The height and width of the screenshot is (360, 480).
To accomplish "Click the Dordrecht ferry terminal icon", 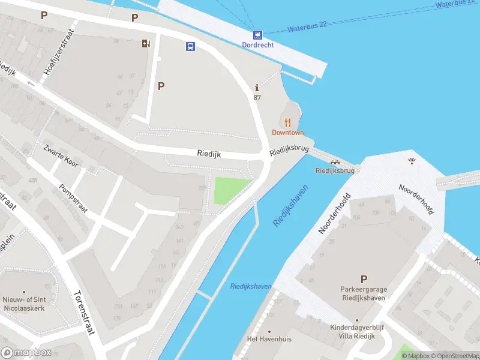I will coord(257,35).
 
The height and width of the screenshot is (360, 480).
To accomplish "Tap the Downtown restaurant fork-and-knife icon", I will coord(287,122).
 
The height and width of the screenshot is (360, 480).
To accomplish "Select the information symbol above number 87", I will coord(257,88).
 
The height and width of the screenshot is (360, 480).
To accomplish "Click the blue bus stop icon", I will coord(190,46).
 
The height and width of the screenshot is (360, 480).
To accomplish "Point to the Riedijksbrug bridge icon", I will coord(335,161).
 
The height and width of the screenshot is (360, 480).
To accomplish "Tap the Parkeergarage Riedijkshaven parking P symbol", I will coord(363,279).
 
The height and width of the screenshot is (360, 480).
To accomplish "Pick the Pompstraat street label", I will coord(74,197).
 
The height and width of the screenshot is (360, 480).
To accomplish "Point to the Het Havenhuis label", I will coord(269,339).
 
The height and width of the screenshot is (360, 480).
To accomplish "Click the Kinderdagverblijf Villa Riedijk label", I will coord(357,332).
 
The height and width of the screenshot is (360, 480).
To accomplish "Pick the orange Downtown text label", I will coord(288,133).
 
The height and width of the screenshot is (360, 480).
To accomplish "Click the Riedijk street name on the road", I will coord(209,154).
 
